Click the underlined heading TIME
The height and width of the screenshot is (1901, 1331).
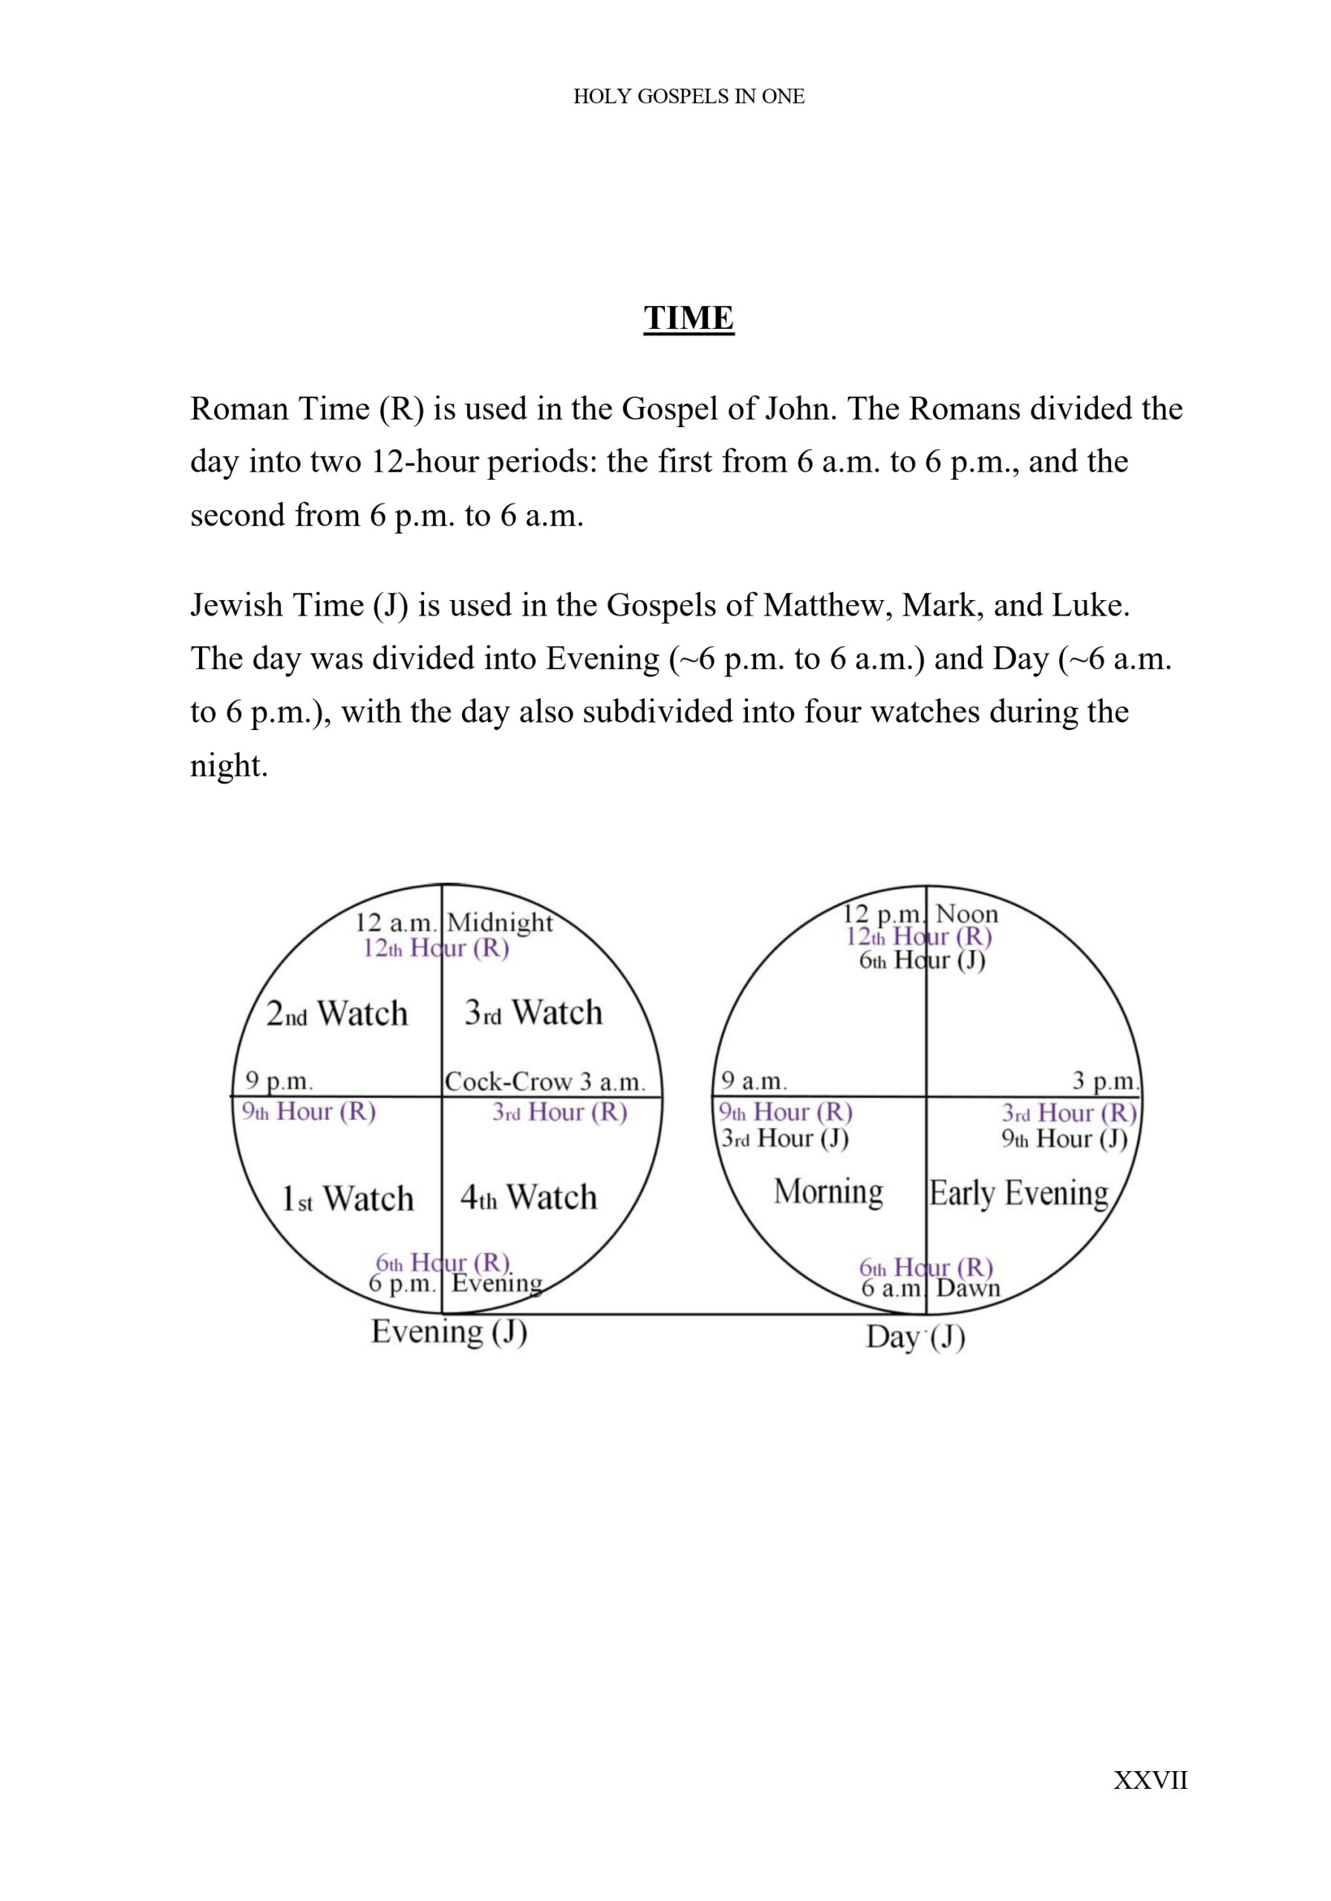689,318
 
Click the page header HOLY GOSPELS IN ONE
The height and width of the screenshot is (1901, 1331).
689,97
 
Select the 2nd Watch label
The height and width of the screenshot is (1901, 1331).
337,1014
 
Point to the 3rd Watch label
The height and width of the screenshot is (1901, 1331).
533,1013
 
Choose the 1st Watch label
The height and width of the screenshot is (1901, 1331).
348,1198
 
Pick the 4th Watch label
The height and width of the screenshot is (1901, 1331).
528,1197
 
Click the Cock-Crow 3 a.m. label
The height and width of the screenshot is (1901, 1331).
544,1081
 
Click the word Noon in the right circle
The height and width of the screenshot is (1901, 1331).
966,914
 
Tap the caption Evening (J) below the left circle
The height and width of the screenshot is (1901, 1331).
449,1331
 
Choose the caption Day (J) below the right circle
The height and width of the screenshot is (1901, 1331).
915,1337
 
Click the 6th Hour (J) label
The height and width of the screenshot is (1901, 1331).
922,960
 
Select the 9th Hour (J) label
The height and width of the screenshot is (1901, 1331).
1064,1139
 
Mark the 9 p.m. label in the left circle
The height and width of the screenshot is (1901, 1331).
279,1081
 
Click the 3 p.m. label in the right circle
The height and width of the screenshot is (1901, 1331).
1106,1081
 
